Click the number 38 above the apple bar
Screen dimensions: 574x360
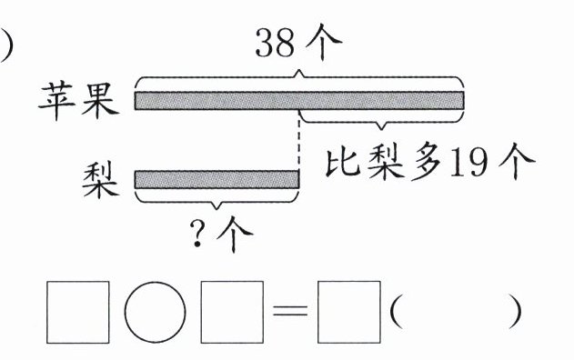pos(275,43)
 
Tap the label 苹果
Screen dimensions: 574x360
pos(79,99)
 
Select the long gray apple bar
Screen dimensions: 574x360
pos(299,100)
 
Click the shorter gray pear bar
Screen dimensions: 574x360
pos(217,179)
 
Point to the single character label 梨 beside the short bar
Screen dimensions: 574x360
pos(101,181)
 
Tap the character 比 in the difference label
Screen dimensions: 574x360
pos(343,162)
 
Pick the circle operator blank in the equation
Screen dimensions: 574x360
pos(155,312)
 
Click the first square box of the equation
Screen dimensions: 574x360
pos(78,312)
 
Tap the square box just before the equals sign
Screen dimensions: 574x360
pos(232,312)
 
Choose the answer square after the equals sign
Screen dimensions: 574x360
pos(349,312)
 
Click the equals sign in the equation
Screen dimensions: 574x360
pos(290,312)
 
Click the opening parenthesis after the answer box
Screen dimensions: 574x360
pos(396,312)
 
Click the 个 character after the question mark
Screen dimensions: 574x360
pos(235,234)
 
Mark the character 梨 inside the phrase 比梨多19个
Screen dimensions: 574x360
pos(386,162)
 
